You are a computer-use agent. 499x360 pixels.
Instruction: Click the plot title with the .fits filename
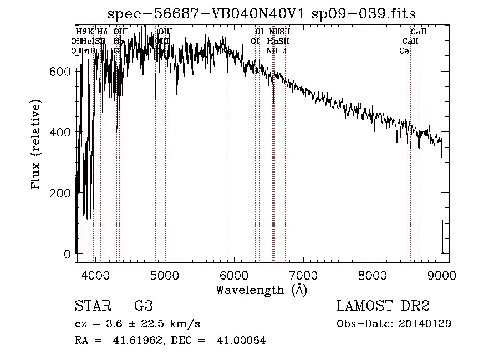262,13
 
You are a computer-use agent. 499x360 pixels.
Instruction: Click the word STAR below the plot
91,306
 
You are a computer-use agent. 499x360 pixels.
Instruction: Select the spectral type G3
143,306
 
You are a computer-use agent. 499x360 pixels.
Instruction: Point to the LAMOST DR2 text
383,306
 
